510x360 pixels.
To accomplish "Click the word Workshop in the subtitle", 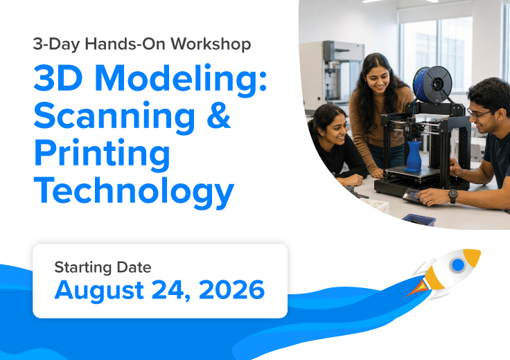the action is coord(211,44).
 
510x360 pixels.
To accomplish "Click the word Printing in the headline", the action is coord(102,154).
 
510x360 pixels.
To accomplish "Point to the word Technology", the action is coord(134,192).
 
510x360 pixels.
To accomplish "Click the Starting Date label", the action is coord(103,267).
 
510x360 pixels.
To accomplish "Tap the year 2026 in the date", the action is coord(231,289).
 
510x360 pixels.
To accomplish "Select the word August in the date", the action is coord(99,290).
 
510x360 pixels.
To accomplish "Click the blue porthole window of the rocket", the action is coord(458,264).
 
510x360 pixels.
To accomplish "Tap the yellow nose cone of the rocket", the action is coord(473,256).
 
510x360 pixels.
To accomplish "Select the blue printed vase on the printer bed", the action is coord(414,156).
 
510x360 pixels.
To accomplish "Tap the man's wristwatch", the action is coord(452,196).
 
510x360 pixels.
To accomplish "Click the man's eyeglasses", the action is coord(479,114).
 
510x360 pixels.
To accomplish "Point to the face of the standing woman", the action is coord(378,79).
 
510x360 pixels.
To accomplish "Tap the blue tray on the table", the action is coord(419,219).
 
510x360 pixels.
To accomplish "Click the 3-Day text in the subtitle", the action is coord(56,44).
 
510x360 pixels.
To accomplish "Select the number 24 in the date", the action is coord(171,290).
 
